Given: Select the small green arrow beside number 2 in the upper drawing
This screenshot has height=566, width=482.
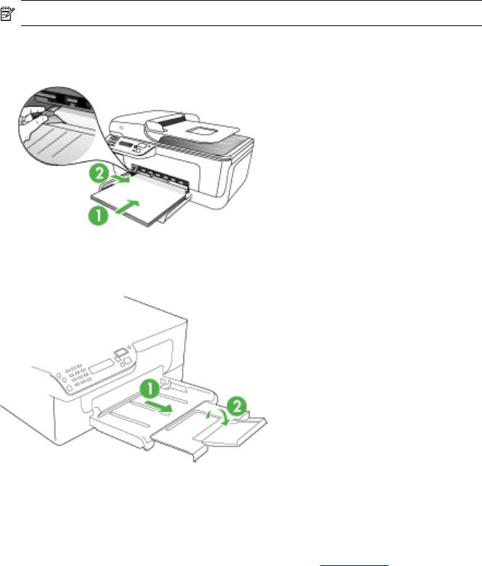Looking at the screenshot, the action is (x=120, y=174).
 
